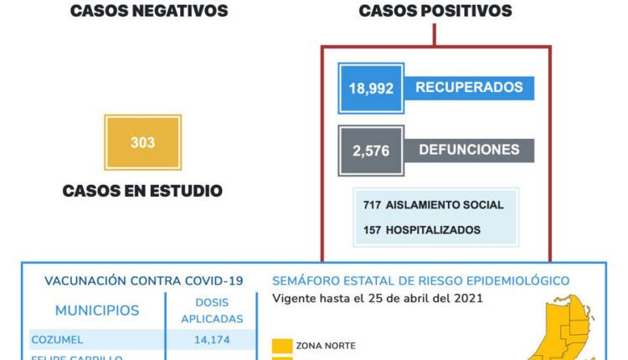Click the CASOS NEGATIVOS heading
[148, 11]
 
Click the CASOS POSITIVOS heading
[435, 11]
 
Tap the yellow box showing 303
[142, 142]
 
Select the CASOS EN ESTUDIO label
[142, 191]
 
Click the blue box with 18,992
[372, 88]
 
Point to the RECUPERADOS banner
[469, 87]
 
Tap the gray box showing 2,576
[372, 151]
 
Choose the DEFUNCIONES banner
[469, 151]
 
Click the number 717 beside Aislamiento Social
[373, 205]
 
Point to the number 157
[373, 229]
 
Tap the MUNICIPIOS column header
[97, 311]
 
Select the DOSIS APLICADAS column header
[211, 311]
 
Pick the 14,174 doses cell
[211, 340]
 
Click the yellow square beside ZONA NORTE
[282, 345]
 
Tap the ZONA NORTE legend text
[326, 345]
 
